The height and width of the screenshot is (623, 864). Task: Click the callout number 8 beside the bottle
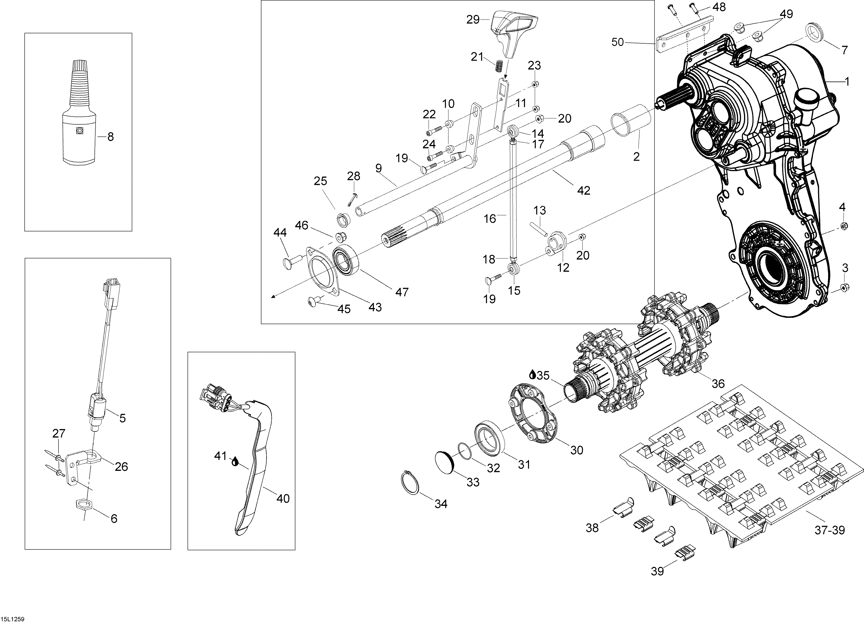click(111, 137)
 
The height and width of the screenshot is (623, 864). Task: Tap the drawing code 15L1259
click(13, 619)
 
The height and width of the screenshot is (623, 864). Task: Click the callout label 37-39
click(829, 530)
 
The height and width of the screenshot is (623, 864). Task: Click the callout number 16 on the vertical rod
click(490, 219)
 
